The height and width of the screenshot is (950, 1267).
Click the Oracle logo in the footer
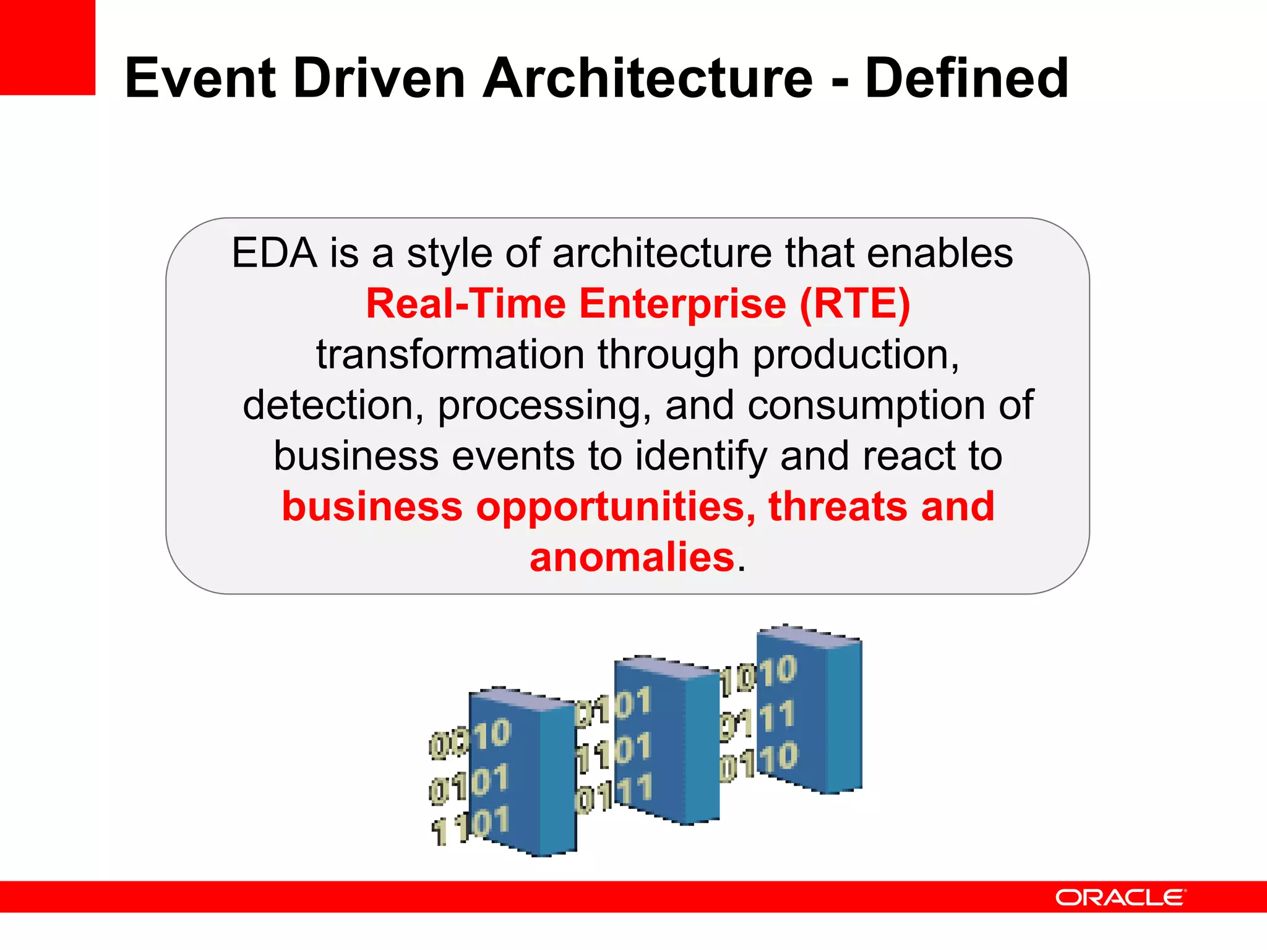(1120, 897)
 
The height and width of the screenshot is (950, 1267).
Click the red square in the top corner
(47, 47)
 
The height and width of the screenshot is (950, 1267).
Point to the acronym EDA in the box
(274, 254)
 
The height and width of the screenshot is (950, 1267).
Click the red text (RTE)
(855, 304)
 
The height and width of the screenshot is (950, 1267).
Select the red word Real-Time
(466, 304)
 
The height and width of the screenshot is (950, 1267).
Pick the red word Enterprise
(682, 304)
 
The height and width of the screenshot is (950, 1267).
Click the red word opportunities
(615, 507)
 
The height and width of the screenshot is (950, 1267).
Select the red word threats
(837, 507)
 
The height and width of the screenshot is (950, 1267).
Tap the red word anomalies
(632, 557)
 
